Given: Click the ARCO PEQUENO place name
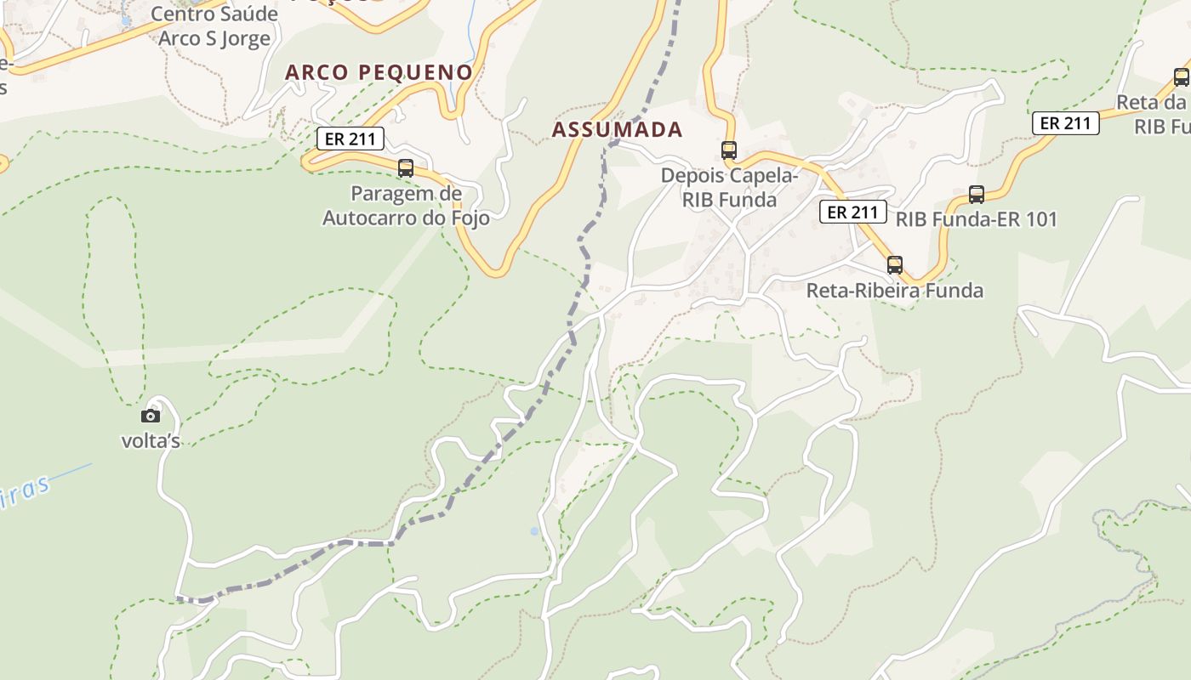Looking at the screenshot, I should tap(379, 72).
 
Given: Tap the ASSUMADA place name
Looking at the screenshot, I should tap(617, 129).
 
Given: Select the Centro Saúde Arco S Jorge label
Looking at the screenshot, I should tap(214, 26).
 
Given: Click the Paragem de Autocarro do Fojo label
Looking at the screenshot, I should tap(406, 206).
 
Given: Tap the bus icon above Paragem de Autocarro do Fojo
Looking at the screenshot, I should tap(406, 168).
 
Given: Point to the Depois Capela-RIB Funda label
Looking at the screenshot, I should tap(730, 188).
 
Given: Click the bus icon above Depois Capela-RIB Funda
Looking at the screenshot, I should tap(729, 150).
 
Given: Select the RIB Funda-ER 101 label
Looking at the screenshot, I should tap(976, 219).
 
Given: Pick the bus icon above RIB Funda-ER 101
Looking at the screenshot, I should tap(977, 195).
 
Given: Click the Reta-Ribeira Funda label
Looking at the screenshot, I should tap(894, 290).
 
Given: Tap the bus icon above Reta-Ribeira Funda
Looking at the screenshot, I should tap(894, 264).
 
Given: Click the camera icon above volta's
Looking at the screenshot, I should tap(151, 416).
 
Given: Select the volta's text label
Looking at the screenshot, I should tap(151, 440).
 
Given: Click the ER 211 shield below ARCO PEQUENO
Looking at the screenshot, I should tap(350, 139).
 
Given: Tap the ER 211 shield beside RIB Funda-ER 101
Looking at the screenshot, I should tap(852, 212).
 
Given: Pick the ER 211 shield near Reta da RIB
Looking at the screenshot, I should tap(1066, 123).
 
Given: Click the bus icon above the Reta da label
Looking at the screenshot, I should tap(1182, 77).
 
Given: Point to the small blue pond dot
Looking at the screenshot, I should tap(534, 531).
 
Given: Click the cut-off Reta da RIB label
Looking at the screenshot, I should tap(1154, 114).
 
